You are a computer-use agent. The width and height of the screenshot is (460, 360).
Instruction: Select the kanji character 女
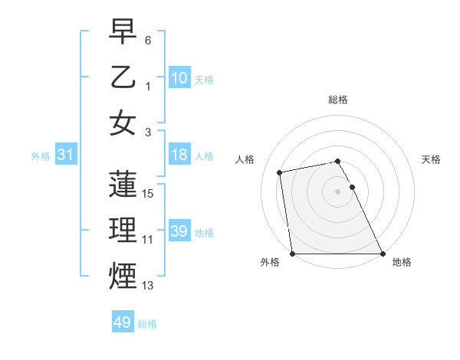tap(123, 123)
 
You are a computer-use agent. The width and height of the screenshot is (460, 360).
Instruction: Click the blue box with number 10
tap(179, 78)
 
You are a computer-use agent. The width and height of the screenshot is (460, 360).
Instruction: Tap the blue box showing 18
tap(179, 155)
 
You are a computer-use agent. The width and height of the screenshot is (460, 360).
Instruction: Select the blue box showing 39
tap(179, 231)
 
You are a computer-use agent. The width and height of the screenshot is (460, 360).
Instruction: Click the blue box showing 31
tap(65, 155)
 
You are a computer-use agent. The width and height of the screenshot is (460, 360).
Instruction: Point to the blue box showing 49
tap(123, 322)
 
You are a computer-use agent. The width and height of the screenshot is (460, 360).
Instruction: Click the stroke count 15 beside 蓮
tap(149, 193)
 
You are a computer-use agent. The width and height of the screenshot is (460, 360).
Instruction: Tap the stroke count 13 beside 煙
tap(149, 286)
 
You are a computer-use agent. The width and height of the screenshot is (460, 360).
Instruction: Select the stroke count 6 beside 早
tap(148, 40)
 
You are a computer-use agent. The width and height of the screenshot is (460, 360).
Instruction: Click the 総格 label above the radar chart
tap(338, 100)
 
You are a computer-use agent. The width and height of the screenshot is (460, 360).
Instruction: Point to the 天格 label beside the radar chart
tap(432, 159)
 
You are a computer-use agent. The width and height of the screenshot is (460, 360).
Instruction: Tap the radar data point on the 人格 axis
tap(280, 172)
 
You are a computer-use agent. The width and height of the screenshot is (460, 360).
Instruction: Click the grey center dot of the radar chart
tap(338, 191)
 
